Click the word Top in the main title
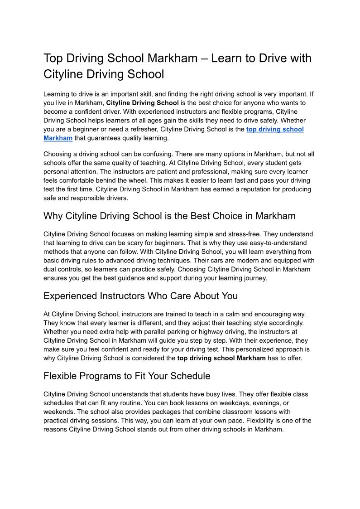[53, 58]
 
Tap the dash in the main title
[205, 58]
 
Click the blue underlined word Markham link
[58, 138]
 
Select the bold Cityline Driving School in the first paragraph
[143, 103]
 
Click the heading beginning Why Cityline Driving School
[169, 216]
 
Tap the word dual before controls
[51, 269]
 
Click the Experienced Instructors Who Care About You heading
[140, 296]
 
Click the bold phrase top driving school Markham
[221, 358]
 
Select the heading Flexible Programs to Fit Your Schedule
[127, 376]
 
